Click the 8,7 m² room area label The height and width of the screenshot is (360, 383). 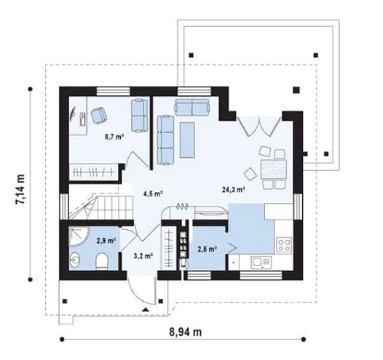tap(114, 137)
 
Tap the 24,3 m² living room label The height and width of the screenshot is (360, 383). tap(234, 190)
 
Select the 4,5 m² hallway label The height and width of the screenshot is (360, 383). tap(153, 194)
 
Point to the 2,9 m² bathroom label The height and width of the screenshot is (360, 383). tap(106, 241)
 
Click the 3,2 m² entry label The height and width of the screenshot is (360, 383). tap(143, 256)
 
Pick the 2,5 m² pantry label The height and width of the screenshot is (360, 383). tap(208, 249)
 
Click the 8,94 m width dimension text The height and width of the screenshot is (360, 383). tap(186, 332)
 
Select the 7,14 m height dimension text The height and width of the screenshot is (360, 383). tap(20, 189)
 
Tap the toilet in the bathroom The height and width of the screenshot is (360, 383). tap(102, 262)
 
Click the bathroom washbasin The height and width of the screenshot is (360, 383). tap(75, 260)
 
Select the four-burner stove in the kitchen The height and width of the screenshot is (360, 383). tap(285, 245)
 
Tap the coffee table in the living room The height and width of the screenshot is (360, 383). tap(187, 140)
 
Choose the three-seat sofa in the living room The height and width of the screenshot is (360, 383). tap(165, 140)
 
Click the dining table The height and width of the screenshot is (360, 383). tap(274, 169)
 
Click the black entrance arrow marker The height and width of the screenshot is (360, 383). tap(146, 310)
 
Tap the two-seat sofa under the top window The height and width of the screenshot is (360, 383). tap(192, 107)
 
